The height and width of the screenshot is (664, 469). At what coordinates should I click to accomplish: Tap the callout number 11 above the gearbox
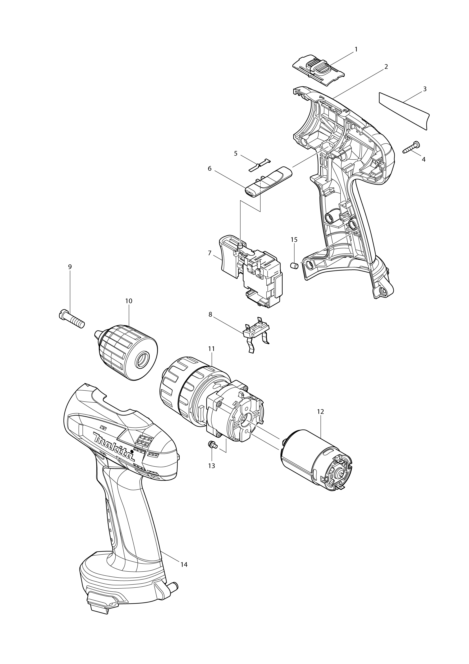tap(211, 349)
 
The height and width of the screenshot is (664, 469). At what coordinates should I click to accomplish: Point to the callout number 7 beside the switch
tap(210, 253)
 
